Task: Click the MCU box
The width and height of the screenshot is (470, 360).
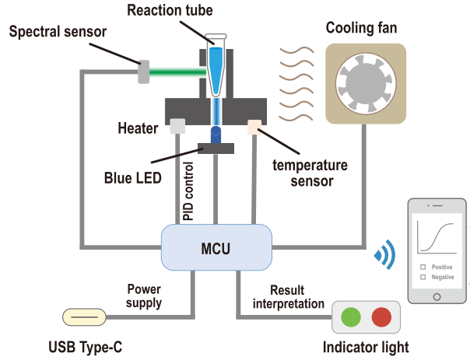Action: pos(215,246)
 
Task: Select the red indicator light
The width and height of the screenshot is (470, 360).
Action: pos(381,316)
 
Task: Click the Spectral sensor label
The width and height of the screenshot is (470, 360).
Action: pos(59,33)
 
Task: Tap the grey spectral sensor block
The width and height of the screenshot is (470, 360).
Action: pos(145,72)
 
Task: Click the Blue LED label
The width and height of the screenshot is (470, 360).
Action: pos(133,177)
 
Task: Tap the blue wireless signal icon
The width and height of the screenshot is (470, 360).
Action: pos(385,253)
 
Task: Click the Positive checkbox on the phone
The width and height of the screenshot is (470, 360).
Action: pos(423,267)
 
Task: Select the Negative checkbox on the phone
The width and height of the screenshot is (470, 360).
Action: pos(423,276)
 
